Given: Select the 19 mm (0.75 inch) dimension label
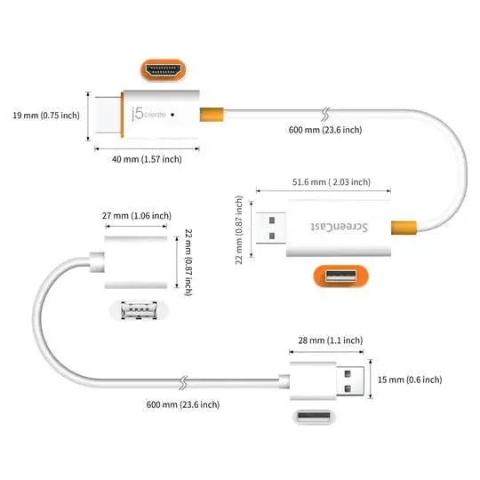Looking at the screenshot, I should pos(44,115).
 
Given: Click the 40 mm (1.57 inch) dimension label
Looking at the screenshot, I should pos(148,159).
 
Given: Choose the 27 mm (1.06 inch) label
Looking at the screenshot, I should pos(137,216).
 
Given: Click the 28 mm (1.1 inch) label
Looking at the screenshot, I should pos(330,340).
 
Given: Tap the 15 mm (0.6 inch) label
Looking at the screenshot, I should pos(411,380).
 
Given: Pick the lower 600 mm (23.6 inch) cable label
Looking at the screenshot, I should pos(182,404).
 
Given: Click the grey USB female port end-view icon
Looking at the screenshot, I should pos(137,311).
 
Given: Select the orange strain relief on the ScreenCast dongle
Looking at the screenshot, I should pos(402,228).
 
